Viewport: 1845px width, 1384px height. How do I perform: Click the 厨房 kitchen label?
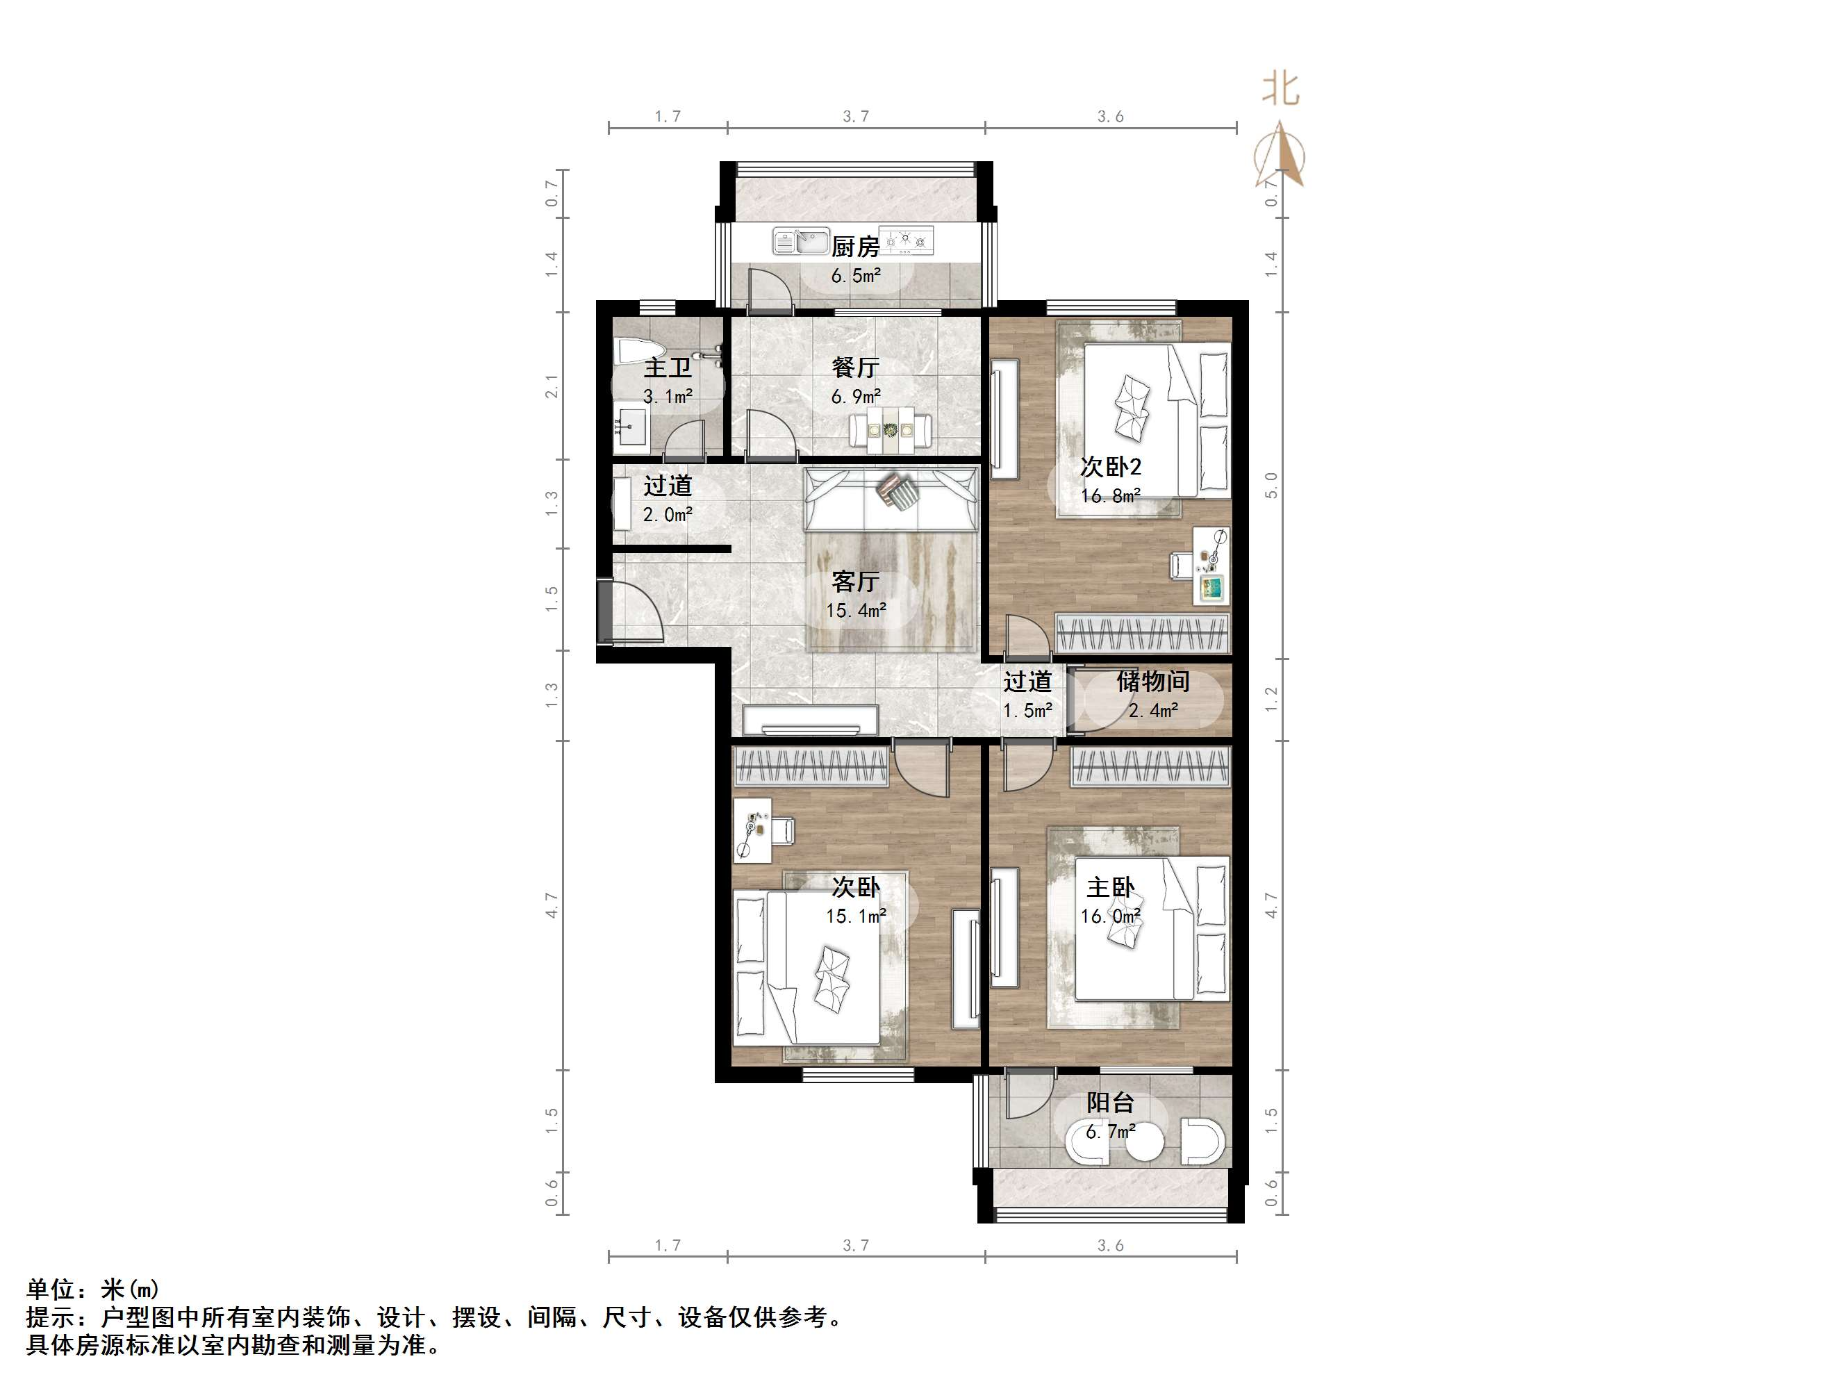pos(855,246)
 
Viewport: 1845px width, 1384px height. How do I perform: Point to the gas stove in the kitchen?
pos(907,241)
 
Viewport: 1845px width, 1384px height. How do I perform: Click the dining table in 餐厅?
pos(890,429)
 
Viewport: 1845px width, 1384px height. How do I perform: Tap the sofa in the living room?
pos(890,500)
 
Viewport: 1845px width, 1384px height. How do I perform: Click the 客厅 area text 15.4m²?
pos(855,610)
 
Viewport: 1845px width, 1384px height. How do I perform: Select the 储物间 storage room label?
pos(1152,682)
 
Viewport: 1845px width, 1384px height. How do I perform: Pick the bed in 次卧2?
pos(1155,421)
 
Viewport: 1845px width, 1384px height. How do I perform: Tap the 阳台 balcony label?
pos(1110,1102)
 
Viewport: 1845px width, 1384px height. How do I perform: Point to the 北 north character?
pos(1280,88)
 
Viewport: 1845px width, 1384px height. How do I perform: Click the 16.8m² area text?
pos(1110,495)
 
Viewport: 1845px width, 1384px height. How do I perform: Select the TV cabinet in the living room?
pos(809,720)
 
